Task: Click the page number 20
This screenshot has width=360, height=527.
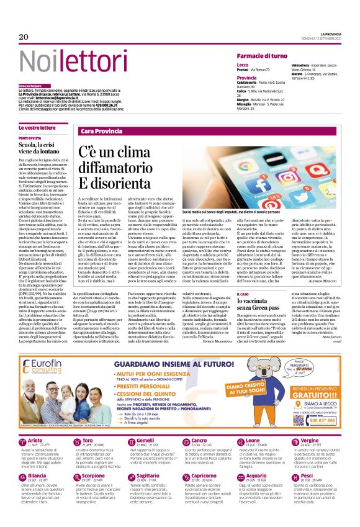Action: (24, 37)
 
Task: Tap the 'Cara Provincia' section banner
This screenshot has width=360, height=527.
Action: (101, 132)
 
